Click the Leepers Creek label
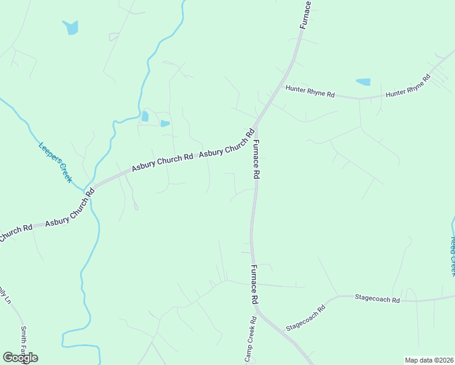click(x=55, y=162)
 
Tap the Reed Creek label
click(x=451, y=255)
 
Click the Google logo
click(x=20, y=357)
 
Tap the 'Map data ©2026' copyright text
click(x=428, y=360)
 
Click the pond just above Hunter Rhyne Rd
click(x=363, y=82)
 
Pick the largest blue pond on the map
click(x=71, y=27)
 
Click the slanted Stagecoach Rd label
click(x=306, y=316)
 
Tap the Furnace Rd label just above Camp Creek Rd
click(x=255, y=285)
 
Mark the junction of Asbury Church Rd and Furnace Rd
click(x=256, y=125)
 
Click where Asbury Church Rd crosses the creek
click(x=91, y=187)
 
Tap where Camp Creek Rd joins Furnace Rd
click(x=256, y=310)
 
